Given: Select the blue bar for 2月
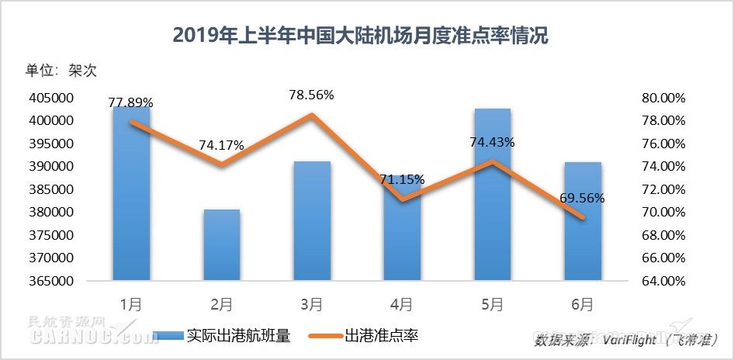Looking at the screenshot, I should tap(222, 244).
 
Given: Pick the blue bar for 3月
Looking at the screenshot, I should tap(312, 220).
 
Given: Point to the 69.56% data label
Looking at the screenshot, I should tap(580, 198).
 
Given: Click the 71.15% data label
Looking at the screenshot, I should tap(400, 179).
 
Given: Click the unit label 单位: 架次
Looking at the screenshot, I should tap(61, 70).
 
